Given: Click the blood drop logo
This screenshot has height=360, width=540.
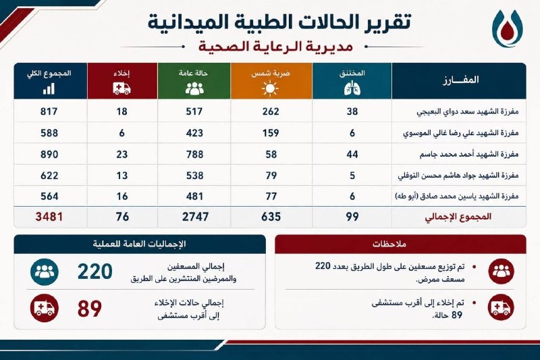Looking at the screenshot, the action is (x=508, y=28).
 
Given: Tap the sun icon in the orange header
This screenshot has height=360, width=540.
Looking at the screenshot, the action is (x=270, y=88).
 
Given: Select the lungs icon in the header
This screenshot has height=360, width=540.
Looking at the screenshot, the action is (x=352, y=88).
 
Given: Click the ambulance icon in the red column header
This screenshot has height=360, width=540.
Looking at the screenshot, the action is (x=122, y=88).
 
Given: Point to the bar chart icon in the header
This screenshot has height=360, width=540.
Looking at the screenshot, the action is (x=49, y=88).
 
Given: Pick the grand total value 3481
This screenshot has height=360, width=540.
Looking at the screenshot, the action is (x=49, y=217).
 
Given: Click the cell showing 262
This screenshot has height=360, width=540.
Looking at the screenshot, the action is (x=271, y=111).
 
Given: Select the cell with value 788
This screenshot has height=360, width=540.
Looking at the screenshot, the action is (x=195, y=154).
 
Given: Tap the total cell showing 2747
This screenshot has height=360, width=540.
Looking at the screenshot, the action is (x=195, y=217).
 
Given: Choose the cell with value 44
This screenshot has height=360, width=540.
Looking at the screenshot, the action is (x=352, y=154).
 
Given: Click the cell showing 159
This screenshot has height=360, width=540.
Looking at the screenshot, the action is (x=271, y=133).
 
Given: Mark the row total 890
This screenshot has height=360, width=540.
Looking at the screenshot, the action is (x=49, y=154).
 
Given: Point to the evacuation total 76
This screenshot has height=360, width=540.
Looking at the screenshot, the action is (x=122, y=217).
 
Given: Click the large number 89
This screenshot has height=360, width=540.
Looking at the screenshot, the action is (x=90, y=309).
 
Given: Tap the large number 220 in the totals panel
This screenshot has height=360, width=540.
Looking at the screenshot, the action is (x=95, y=272).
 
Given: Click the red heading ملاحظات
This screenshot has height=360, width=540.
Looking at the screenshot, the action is (x=389, y=244).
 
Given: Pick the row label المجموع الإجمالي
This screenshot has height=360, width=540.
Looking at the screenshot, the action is (x=458, y=217).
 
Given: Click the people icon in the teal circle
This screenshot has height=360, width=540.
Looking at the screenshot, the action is (x=45, y=272).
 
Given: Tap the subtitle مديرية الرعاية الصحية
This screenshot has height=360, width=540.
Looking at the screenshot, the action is (x=275, y=46).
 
